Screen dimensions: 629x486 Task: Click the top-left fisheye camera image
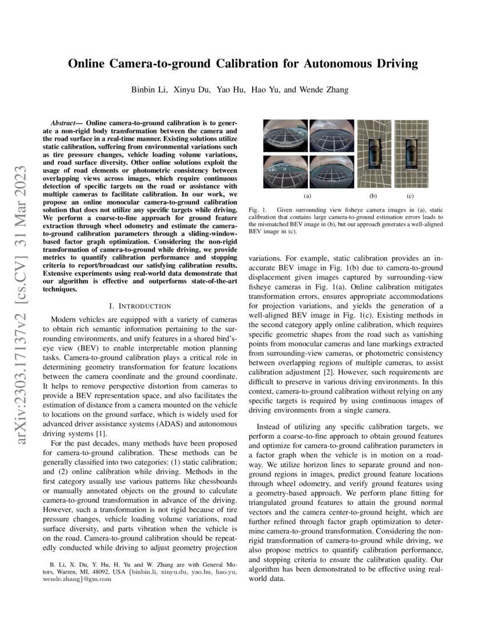tap(285, 136)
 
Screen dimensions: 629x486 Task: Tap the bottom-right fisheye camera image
tap(331, 172)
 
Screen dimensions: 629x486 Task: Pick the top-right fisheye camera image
tap(331, 136)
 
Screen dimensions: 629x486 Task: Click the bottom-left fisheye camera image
tap(285, 172)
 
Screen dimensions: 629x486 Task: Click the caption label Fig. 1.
tap(258, 210)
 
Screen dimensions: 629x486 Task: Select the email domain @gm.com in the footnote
tap(97, 579)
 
